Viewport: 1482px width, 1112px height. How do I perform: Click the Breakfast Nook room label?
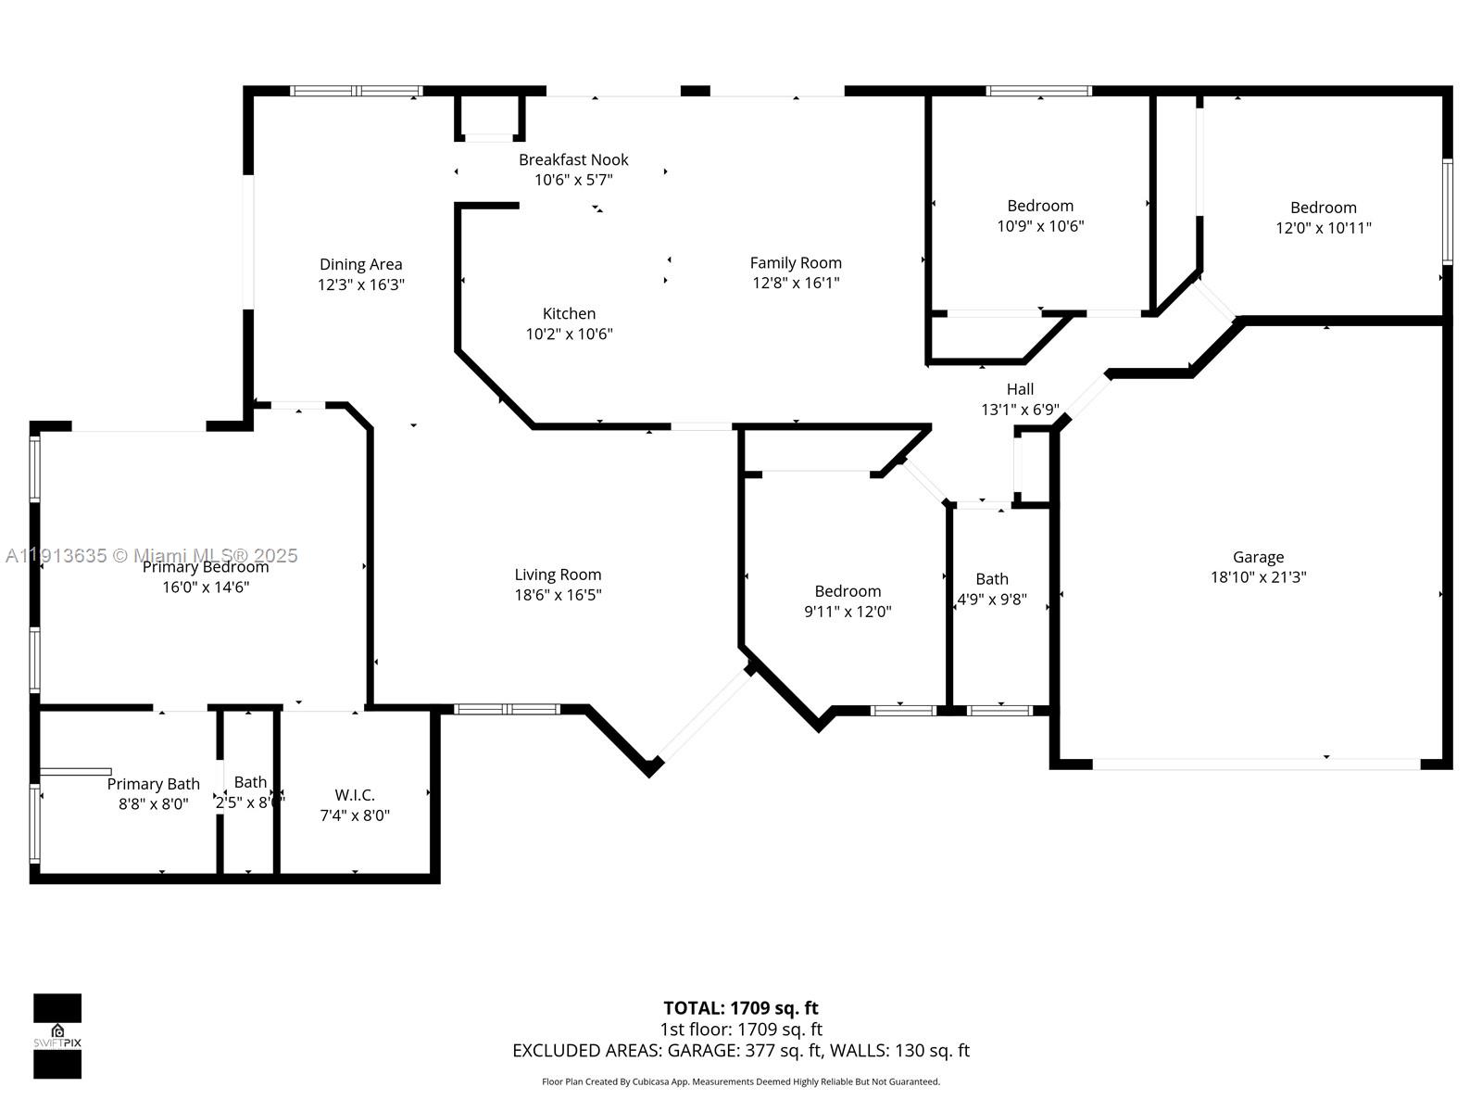[x=573, y=159]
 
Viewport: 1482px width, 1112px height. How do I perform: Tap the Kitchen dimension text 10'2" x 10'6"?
[x=569, y=334]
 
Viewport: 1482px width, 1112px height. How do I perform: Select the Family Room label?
[x=796, y=263]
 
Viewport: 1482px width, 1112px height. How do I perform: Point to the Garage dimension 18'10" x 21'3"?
[x=1258, y=576]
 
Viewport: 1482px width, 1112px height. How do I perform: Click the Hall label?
[x=1020, y=389]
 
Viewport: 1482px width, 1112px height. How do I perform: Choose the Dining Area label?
[x=360, y=265]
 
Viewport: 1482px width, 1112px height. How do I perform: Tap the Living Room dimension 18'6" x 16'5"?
[x=558, y=595]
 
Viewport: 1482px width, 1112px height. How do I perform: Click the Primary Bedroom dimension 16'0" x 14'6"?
[x=206, y=587]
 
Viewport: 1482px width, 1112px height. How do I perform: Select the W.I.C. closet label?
[x=355, y=795]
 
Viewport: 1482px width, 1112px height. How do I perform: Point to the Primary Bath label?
[x=153, y=784]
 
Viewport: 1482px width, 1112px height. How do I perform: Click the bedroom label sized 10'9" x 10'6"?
[x=1040, y=206]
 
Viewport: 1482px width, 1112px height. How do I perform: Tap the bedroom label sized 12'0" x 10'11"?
[x=1323, y=208]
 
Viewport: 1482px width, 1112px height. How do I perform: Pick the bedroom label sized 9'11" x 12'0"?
[x=848, y=591]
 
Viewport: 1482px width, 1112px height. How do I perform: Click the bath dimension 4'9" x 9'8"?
[x=991, y=600]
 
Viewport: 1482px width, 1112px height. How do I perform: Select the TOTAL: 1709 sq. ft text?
[x=740, y=1007]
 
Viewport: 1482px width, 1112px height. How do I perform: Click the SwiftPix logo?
[x=57, y=1036]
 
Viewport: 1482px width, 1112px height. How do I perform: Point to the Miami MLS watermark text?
[x=152, y=555]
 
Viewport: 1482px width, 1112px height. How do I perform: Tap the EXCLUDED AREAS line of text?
[x=740, y=1050]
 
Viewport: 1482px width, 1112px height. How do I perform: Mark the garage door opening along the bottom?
[x=1256, y=764]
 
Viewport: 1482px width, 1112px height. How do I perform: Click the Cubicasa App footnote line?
[x=740, y=1081]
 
